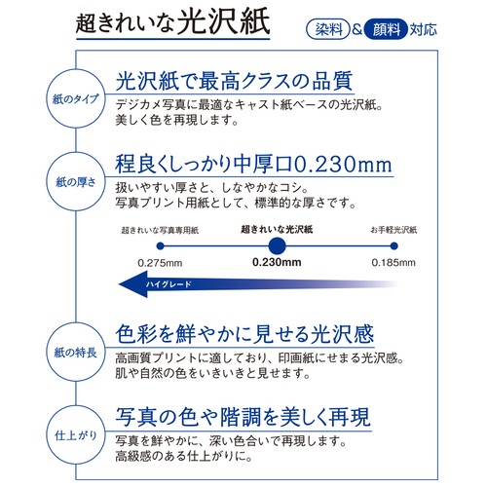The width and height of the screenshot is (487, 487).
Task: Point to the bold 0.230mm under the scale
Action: tap(277, 263)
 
